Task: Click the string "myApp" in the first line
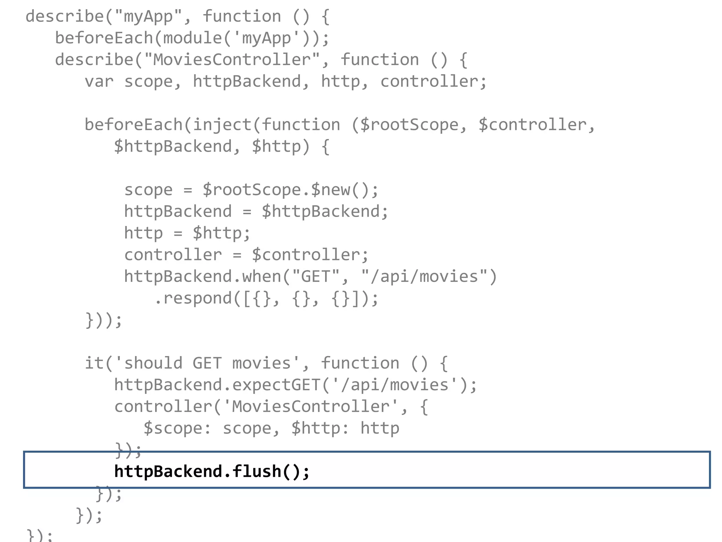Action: [x=148, y=17]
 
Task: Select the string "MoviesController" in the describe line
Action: [x=232, y=60]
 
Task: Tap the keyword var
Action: [x=99, y=82]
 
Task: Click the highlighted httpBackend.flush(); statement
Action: [x=212, y=471]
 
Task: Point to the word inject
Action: [x=222, y=125]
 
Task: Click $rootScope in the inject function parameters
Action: [x=409, y=125]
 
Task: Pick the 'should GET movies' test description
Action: [x=207, y=363]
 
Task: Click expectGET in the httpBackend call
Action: [x=276, y=385]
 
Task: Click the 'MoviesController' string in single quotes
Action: [x=311, y=406]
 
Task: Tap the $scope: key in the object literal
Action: [x=177, y=428]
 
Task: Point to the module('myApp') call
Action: [x=241, y=38]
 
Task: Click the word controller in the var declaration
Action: [x=429, y=82]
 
